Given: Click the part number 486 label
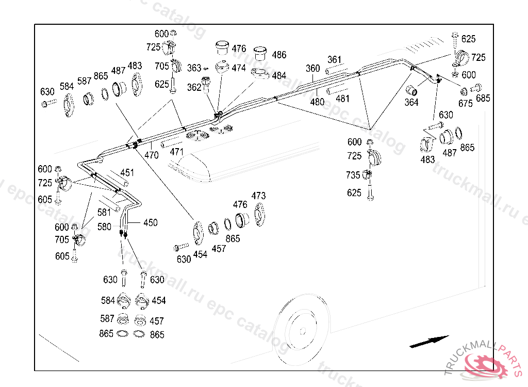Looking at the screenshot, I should [279, 55].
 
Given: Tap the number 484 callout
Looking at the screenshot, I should [279, 76].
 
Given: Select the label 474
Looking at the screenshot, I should [239, 68].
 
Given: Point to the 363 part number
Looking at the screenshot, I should [194, 68].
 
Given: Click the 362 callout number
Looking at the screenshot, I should [194, 88].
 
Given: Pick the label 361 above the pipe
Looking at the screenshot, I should [335, 59].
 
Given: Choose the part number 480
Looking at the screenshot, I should [317, 102].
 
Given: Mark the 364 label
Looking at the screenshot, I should [411, 103].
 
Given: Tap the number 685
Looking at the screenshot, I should [483, 98].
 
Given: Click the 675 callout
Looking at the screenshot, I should [465, 103].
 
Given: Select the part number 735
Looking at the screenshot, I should [353, 175].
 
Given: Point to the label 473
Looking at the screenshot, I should [259, 196].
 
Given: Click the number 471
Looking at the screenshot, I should [177, 152].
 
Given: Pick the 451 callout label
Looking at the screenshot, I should [127, 173].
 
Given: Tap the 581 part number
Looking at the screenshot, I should [105, 212].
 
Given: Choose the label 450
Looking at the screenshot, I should [151, 223].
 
